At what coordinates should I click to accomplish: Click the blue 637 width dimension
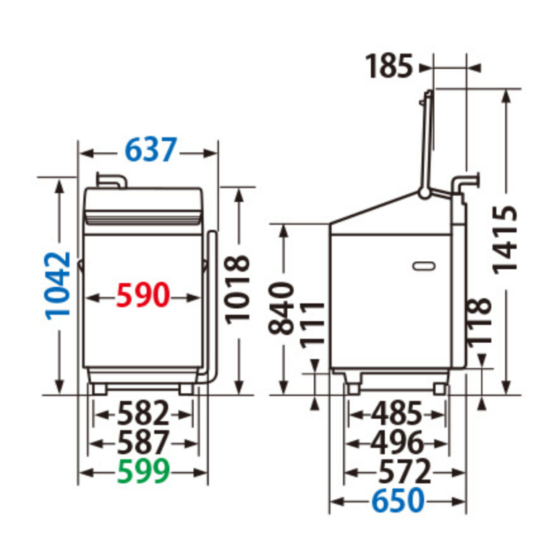[x=150, y=152]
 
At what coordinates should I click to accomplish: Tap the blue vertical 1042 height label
[x=58, y=285]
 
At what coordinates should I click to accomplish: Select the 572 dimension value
[x=404, y=472]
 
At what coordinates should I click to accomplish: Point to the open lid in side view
[x=429, y=141]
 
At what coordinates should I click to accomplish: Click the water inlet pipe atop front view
[x=109, y=179]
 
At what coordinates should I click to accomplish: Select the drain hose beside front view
[x=211, y=304]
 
